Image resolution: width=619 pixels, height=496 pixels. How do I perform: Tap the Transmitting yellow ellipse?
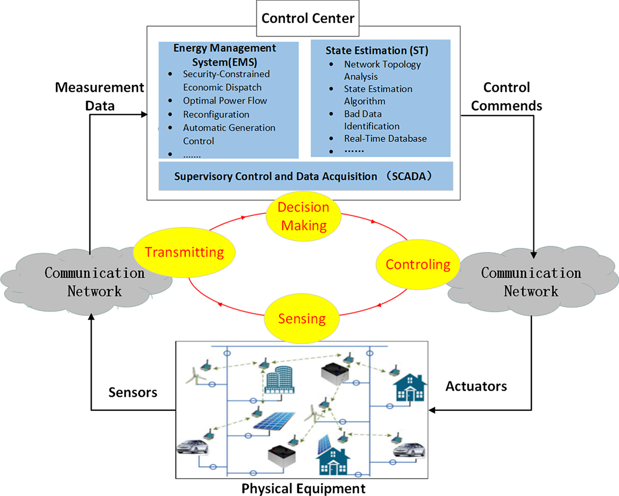point(185,252)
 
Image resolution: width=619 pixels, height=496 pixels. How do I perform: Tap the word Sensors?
point(133,392)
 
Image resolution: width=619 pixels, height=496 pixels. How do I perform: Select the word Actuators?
point(476,386)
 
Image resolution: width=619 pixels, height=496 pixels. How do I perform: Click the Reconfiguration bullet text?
point(216,114)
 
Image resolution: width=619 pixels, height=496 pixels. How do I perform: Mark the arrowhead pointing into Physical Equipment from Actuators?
point(434,410)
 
